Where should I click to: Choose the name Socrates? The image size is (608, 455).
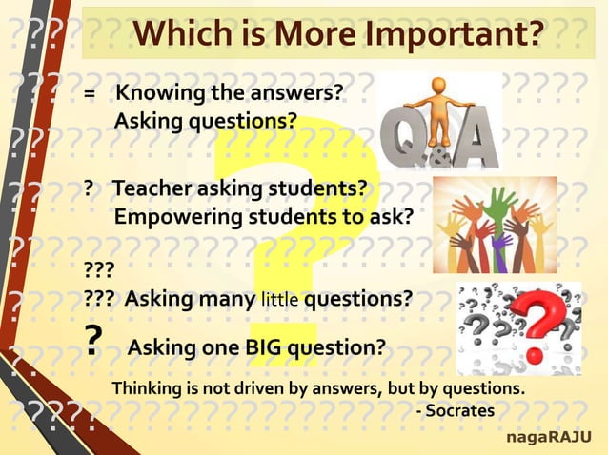[x=459, y=411]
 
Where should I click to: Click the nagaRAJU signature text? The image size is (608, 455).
[x=547, y=437]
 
